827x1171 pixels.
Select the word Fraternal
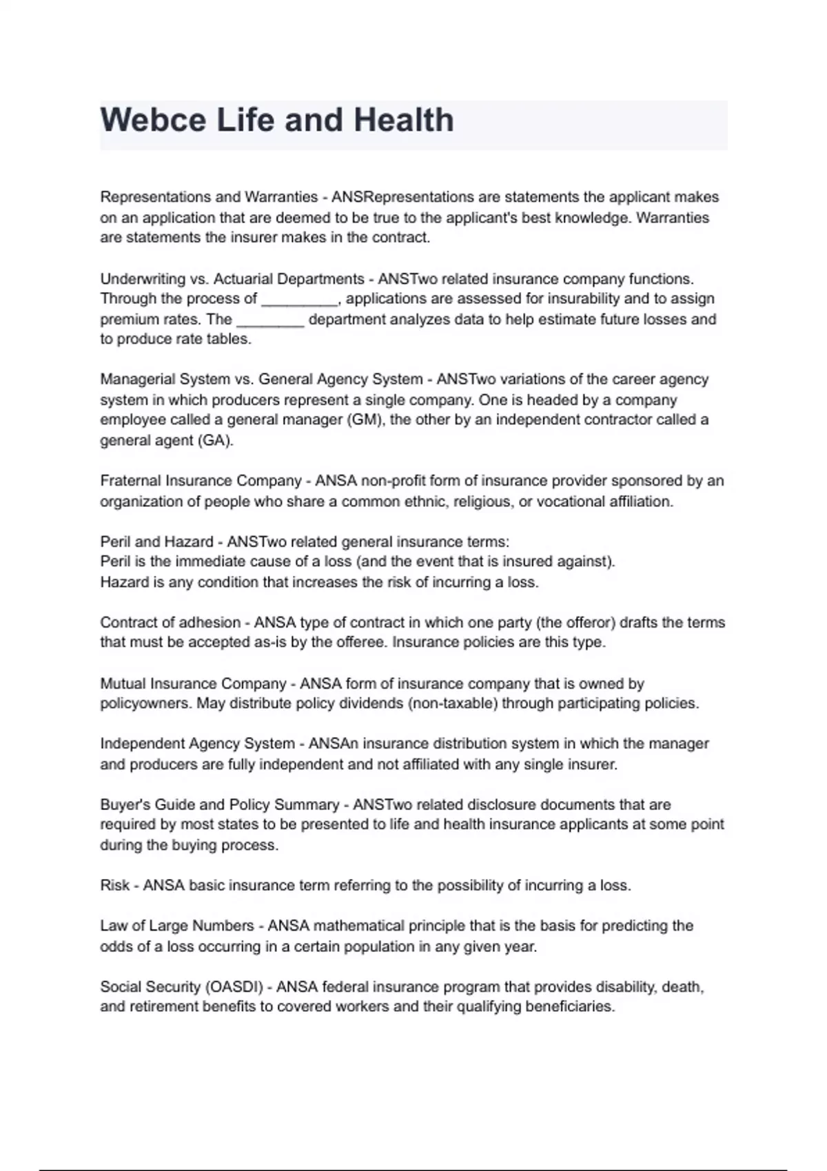(130, 481)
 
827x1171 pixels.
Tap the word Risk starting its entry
(114, 885)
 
